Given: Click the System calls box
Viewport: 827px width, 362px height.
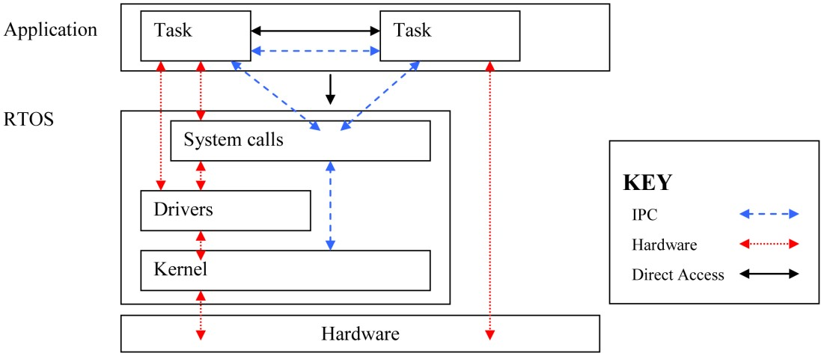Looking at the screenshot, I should [299, 140].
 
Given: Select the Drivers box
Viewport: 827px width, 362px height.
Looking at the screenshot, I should [225, 210].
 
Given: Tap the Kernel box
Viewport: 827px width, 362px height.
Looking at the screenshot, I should [285, 270].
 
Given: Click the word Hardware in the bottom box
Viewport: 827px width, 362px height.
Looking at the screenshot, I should [360, 334].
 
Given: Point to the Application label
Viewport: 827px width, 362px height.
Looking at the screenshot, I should [51, 30].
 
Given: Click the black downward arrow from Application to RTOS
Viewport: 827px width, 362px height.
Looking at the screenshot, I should [330, 89].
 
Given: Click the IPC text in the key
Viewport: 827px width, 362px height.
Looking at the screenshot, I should [644, 215].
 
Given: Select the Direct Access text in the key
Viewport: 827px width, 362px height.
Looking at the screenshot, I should [678, 274].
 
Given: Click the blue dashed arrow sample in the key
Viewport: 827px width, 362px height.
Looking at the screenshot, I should [769, 214].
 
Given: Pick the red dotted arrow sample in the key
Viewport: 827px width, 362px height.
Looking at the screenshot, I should [769, 244].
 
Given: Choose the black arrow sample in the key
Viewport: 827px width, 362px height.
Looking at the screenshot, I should [769, 274].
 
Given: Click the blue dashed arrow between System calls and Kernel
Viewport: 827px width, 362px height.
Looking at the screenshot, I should [330, 206].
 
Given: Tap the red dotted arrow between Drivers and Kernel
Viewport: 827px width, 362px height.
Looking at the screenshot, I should [201, 241].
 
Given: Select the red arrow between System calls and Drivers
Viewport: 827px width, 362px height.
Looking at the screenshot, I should [201, 176].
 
